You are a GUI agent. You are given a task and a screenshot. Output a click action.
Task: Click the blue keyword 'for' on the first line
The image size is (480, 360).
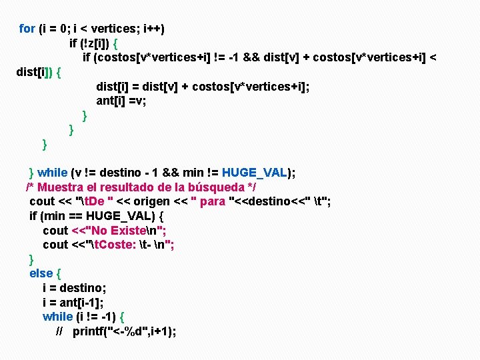[27, 29]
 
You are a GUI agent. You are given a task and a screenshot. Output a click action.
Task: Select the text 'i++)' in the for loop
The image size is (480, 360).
[153, 29]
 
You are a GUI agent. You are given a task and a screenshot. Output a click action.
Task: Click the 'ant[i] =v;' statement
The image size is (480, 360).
[121, 101]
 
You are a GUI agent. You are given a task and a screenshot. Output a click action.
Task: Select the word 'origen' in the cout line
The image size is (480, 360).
[152, 201]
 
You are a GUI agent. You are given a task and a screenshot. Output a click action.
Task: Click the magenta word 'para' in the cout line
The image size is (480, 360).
[213, 201]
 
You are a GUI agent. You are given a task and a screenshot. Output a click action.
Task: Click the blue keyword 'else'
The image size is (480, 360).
[41, 273]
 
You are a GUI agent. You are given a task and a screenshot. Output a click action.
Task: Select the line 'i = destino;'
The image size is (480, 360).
[74, 288]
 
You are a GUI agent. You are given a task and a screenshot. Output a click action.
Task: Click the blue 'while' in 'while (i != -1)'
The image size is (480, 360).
[57, 317]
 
